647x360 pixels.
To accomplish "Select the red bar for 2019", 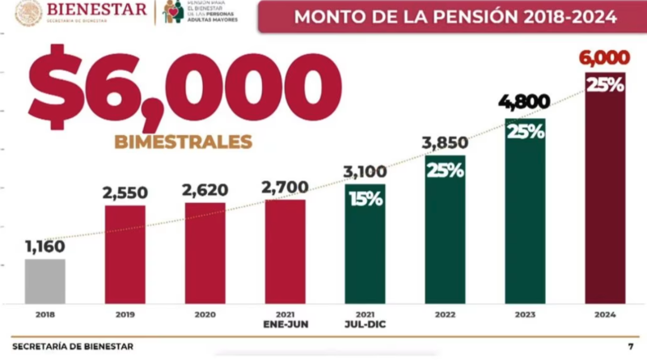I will pos(125,254).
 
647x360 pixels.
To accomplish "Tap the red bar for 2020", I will pos(205,252).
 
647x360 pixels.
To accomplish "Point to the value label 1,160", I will pos(44,246).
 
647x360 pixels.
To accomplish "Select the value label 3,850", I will pos(445,143).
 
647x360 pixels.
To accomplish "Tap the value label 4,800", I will pos(525,103).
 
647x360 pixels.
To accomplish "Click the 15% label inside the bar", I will pos(366,198).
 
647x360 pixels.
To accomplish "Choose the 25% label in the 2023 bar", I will pos(525,132).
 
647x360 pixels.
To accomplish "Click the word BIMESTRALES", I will pos(183,142).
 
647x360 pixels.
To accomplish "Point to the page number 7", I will pos(630,346).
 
